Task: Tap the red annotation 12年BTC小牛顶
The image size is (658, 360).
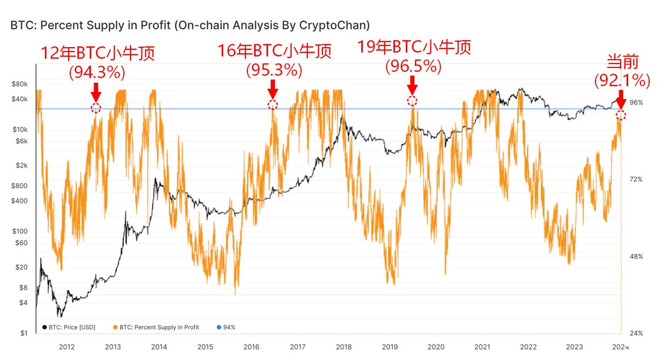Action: pyautogui.click(x=98, y=53)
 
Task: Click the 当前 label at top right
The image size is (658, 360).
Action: pyautogui.click(x=622, y=61)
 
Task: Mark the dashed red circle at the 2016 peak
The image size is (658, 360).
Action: pyautogui.click(x=273, y=105)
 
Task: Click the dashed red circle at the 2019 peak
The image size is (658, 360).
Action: pyautogui.click(x=412, y=101)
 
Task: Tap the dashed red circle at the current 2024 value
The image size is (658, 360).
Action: pyautogui.click(x=621, y=115)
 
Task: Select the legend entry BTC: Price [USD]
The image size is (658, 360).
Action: pyautogui.click(x=69, y=327)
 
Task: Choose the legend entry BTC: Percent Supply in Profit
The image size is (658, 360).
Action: pyautogui.click(x=156, y=327)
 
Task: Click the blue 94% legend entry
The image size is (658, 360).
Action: pyautogui.click(x=225, y=327)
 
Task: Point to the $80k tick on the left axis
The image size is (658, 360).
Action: pyautogui.click(x=20, y=84)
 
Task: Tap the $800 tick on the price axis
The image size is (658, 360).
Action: pyautogui.click(x=20, y=186)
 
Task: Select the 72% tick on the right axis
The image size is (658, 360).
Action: pyautogui.click(x=636, y=180)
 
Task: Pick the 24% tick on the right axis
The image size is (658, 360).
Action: pyautogui.click(x=636, y=334)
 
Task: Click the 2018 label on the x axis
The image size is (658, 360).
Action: pyautogui.click(x=344, y=347)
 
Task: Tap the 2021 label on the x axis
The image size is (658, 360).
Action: pyautogui.click(x=482, y=347)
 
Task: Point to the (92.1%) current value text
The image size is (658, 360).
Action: pyautogui.click(x=622, y=81)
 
